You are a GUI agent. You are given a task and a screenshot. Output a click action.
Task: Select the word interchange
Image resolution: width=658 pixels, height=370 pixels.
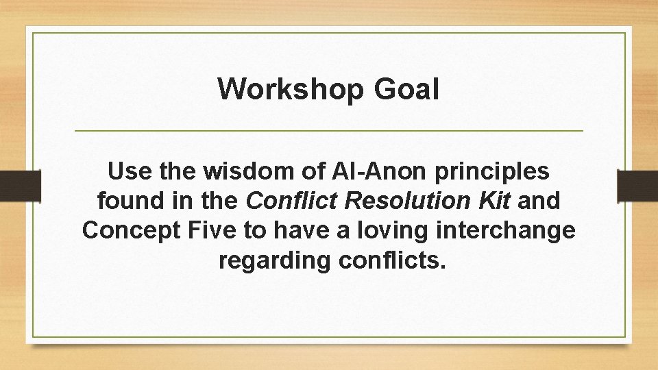point(511,230)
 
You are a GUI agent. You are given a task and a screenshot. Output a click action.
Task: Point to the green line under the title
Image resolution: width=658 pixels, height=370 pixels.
point(329,130)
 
